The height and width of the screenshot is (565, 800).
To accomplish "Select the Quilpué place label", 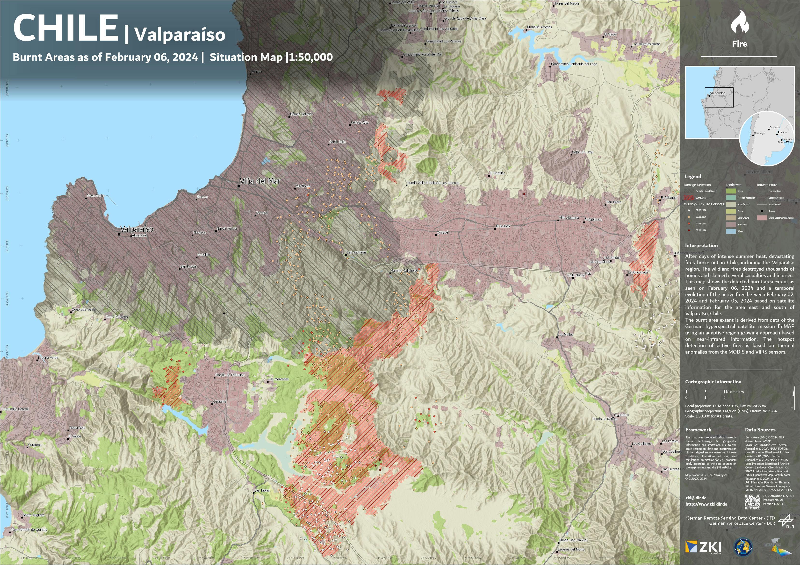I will tap(442, 232).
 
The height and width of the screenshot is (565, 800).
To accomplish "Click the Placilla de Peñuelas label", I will tap(230, 375).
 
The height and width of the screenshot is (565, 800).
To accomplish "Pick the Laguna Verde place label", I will tap(48, 358).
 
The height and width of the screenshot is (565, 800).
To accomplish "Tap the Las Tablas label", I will tap(262, 490).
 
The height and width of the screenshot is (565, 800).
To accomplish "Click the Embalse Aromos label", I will tap(539, 27).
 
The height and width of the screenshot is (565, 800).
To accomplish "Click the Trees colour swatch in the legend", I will tap(731, 191).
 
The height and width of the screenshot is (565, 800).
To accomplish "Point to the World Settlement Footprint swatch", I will tap(762, 218).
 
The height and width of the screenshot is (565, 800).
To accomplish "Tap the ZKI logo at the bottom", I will tap(703, 547).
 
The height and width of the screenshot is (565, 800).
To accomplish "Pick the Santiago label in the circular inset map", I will tap(759, 133).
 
